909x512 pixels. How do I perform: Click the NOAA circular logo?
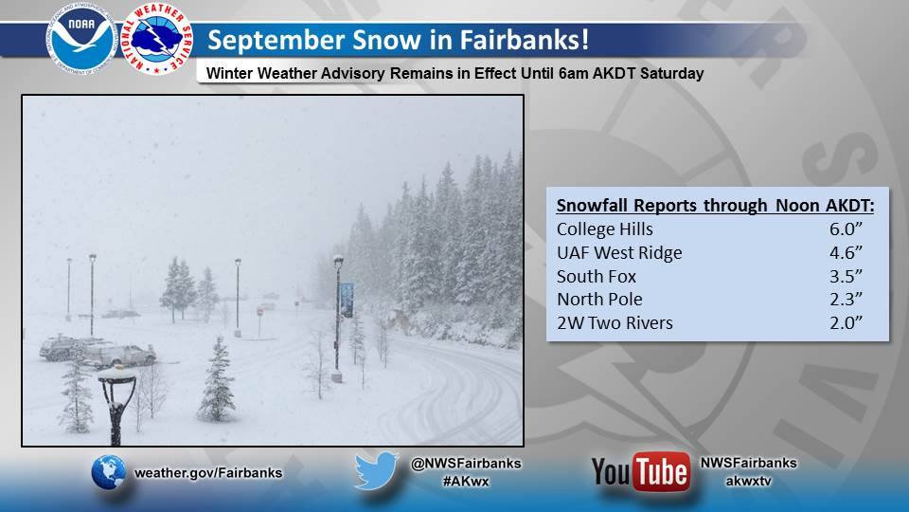point(81,39)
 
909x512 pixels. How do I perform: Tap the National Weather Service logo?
point(157,39)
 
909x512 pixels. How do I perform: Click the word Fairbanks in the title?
point(525,40)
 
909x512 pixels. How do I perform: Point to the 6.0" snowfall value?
point(846,229)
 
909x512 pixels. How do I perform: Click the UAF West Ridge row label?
point(619,253)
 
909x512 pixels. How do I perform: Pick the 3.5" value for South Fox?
point(846,276)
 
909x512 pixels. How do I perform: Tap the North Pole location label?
point(599,299)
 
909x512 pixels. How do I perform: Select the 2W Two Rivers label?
point(615,322)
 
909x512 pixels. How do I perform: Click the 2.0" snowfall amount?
point(846,322)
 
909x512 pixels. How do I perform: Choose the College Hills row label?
point(605,229)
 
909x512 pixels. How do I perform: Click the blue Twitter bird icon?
point(376,471)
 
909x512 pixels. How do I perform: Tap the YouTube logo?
point(641,471)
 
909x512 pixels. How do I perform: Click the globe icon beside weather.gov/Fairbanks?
point(108,472)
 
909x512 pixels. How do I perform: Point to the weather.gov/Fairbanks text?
point(208,472)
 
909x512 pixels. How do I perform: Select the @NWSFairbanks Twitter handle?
point(466,464)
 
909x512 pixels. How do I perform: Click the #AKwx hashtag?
point(466,482)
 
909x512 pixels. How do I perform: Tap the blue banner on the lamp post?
point(347,300)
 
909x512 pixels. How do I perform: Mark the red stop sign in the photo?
point(259,312)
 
